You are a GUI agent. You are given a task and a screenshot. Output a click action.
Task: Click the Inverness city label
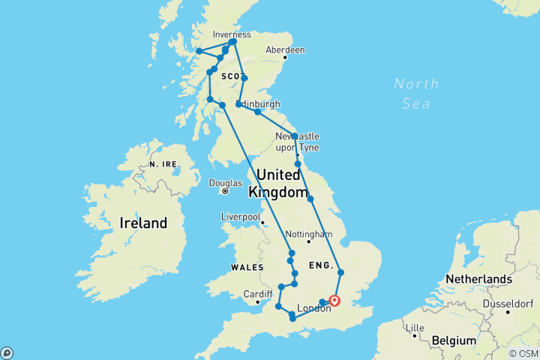(x=232, y=34)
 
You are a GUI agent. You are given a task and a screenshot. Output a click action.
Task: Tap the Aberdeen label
(x=288, y=49)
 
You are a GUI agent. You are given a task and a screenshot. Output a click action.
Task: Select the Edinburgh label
(x=259, y=103)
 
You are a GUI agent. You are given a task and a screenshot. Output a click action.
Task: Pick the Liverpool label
(x=240, y=217)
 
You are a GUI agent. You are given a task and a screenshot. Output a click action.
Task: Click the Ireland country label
(x=144, y=223)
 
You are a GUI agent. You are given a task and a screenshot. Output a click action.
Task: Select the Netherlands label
(x=478, y=279)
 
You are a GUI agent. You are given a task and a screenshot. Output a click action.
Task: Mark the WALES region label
(x=247, y=268)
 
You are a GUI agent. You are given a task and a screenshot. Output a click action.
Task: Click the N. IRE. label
(x=163, y=163)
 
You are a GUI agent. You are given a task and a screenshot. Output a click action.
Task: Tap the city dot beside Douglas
(x=224, y=191)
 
